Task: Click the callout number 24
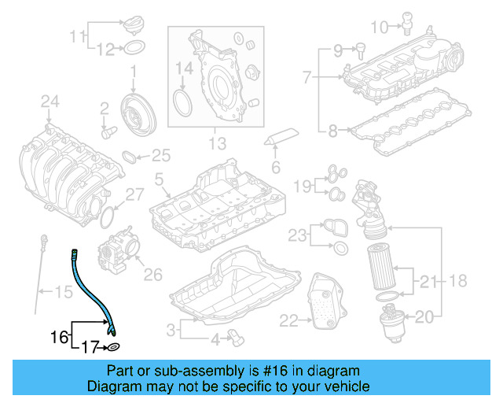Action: pyautogui.click(x=50, y=101)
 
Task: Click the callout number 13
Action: pyautogui.click(x=218, y=143)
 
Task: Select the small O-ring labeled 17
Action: pyautogui.click(x=113, y=346)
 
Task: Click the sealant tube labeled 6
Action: pyautogui.click(x=282, y=137)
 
